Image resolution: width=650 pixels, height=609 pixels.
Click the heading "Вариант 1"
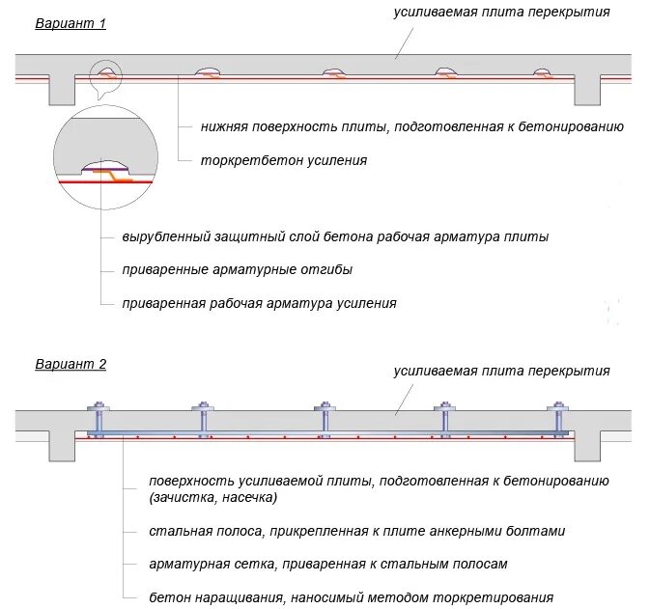coord(71,23)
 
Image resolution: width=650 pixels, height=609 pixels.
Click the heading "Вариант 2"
coord(71,365)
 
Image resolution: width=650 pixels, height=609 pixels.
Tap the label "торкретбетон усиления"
coord(283,160)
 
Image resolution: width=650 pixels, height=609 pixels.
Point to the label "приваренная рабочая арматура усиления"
coord(260,303)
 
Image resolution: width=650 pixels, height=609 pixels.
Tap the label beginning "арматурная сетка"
coord(328,564)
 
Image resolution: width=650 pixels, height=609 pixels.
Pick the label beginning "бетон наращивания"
coord(352,597)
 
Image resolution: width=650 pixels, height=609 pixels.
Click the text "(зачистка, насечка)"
coord(212,497)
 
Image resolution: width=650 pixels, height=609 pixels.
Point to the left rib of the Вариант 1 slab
coord(62,89)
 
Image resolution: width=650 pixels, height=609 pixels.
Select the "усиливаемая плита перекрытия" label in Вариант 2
coord(501,371)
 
